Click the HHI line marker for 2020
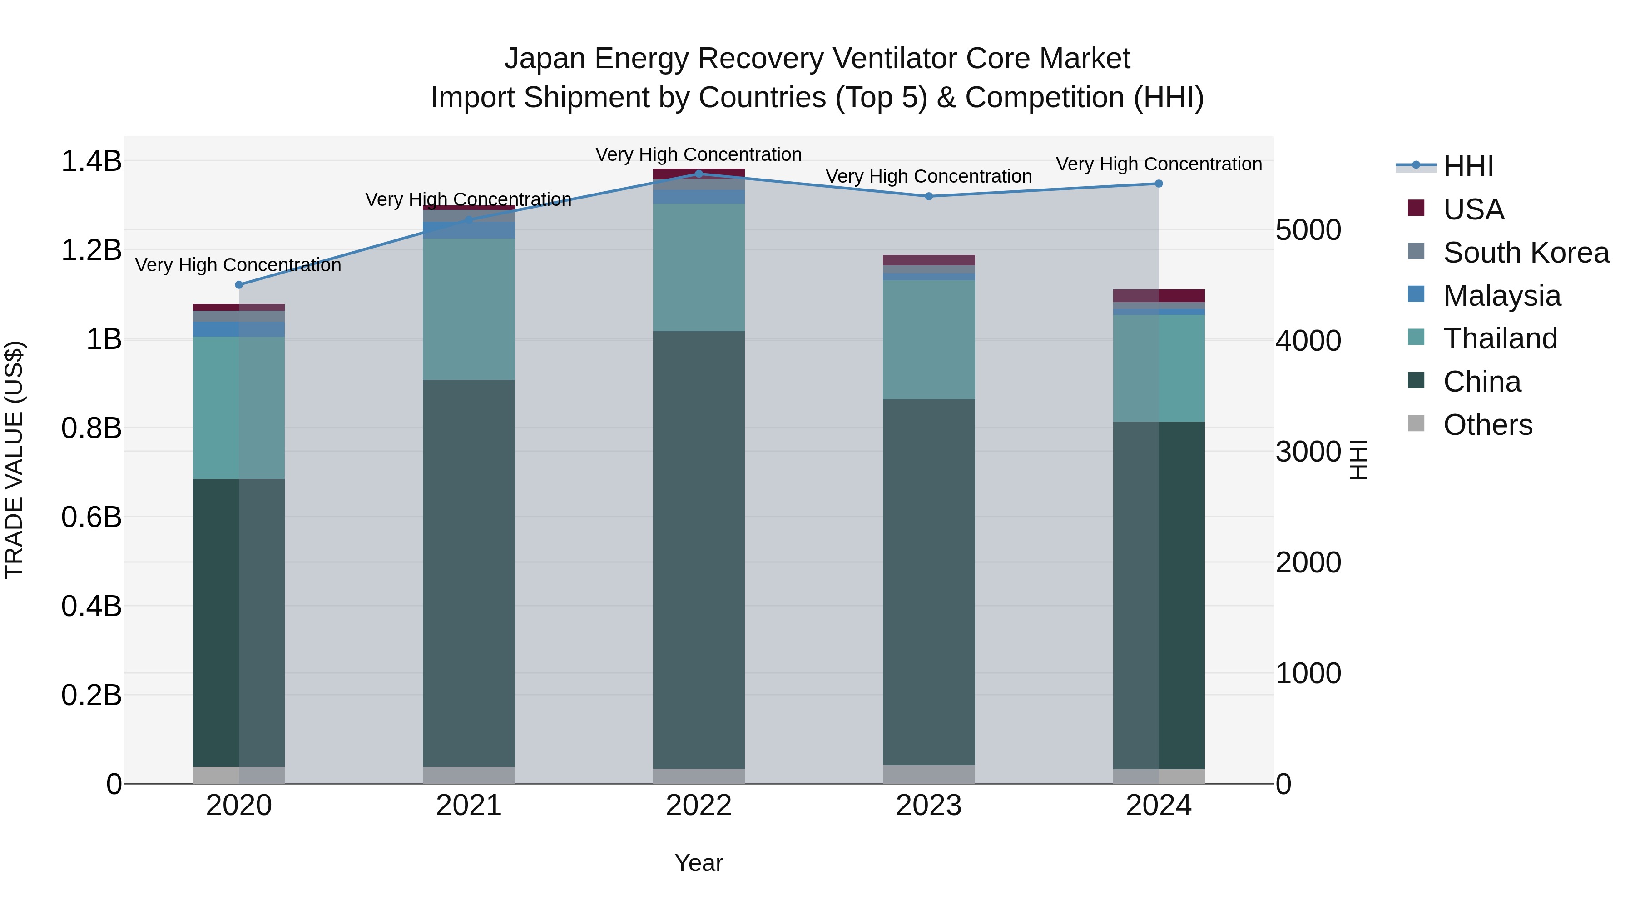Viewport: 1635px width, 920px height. (x=238, y=285)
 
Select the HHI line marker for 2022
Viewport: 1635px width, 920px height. (x=699, y=174)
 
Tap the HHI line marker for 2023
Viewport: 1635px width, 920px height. (x=929, y=196)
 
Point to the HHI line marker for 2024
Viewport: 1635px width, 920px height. (x=1158, y=184)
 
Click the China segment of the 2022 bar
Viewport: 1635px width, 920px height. (x=699, y=549)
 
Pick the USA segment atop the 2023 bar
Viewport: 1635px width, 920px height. (x=929, y=260)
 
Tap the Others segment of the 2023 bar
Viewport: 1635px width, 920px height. (x=929, y=774)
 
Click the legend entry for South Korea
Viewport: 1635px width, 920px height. (x=1526, y=253)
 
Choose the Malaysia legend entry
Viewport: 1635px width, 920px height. (x=1502, y=296)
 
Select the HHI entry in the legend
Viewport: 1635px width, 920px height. (x=1468, y=166)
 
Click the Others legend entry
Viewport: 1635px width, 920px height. (x=1487, y=425)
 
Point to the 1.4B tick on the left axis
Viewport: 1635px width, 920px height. (x=91, y=161)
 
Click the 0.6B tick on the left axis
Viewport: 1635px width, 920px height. (x=91, y=517)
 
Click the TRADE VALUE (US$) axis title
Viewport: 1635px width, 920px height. (x=14, y=460)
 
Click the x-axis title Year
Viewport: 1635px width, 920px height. (x=699, y=863)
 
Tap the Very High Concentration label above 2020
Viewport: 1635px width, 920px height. (x=238, y=265)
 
